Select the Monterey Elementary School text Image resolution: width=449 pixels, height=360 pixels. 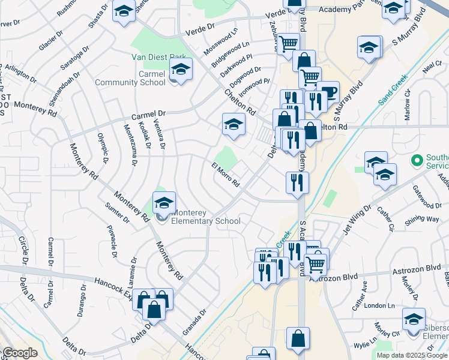click(x=206, y=217)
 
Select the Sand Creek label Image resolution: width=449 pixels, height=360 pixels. click(x=393, y=91)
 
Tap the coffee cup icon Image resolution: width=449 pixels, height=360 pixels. click(x=328, y=92)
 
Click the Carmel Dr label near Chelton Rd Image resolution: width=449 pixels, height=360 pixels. click(x=148, y=115)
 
